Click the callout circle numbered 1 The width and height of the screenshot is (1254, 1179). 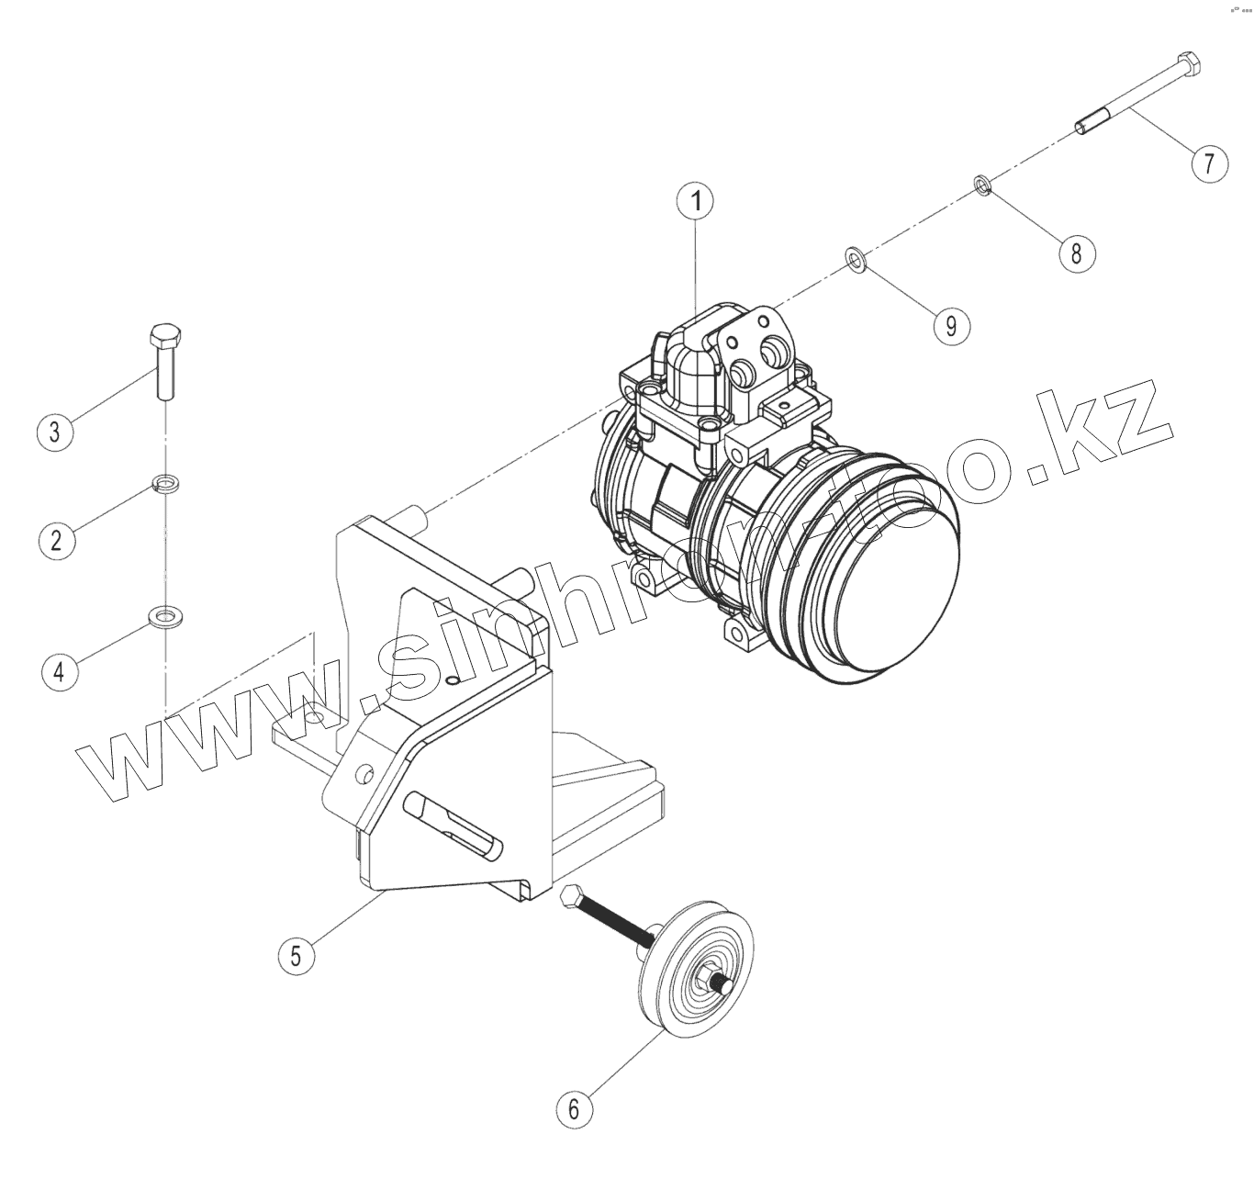click(x=696, y=201)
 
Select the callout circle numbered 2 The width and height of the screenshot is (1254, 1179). click(x=56, y=539)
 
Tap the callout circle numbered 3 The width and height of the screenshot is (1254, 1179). click(x=55, y=431)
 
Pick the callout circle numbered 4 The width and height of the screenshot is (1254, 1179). click(x=60, y=671)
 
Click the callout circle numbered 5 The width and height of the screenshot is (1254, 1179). click(x=296, y=955)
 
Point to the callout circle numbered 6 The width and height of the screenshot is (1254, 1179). click(x=575, y=1108)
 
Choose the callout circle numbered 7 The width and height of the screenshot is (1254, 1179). click(x=1209, y=163)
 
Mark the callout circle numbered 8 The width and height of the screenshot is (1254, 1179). click(x=1076, y=252)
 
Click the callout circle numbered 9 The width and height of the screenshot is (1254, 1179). click(x=952, y=324)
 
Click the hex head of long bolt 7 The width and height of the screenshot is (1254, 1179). click(x=1188, y=64)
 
